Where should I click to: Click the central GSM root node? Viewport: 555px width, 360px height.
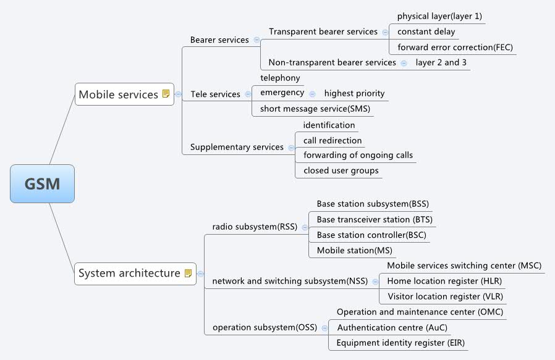pyautogui.click(x=42, y=183)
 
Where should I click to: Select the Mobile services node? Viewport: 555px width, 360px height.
pyautogui.click(x=119, y=94)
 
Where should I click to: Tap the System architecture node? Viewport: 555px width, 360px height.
pyautogui.click(x=129, y=273)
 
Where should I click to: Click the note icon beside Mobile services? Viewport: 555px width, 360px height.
pyautogui.click(x=166, y=94)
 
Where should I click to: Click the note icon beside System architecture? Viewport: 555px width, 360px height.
pyautogui.click(x=189, y=273)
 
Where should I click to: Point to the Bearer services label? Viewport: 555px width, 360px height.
pyautogui.click(x=219, y=40)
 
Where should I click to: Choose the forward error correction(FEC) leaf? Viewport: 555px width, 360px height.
pyautogui.click(x=455, y=48)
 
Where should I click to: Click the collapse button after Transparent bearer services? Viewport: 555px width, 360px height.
pyautogui.click(x=385, y=32)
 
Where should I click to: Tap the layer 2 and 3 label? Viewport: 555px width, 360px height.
pyautogui.click(x=441, y=62)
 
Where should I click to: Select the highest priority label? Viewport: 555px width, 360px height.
pyautogui.click(x=354, y=93)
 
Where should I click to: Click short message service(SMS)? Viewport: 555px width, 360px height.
pyautogui.click(x=315, y=109)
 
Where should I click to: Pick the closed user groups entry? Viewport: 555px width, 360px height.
pyautogui.click(x=341, y=170)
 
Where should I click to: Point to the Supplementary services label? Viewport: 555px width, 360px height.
pyautogui.click(x=237, y=147)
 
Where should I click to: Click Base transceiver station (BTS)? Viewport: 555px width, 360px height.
pyautogui.click(x=375, y=220)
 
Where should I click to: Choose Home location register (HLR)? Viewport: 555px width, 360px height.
pyautogui.click(x=444, y=281)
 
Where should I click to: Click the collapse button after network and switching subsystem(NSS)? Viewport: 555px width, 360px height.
pyautogui.click(x=375, y=282)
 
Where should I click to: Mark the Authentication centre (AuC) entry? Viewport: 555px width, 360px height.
pyautogui.click(x=392, y=327)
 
